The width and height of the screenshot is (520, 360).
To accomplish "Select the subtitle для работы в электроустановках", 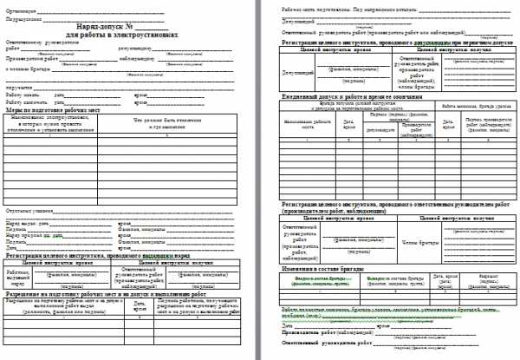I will [x=120, y=36].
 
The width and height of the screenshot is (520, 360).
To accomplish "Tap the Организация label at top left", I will [x=21, y=6].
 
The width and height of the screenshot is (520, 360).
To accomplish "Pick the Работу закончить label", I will [x=26, y=101].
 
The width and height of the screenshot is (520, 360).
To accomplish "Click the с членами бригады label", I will [x=23, y=69].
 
